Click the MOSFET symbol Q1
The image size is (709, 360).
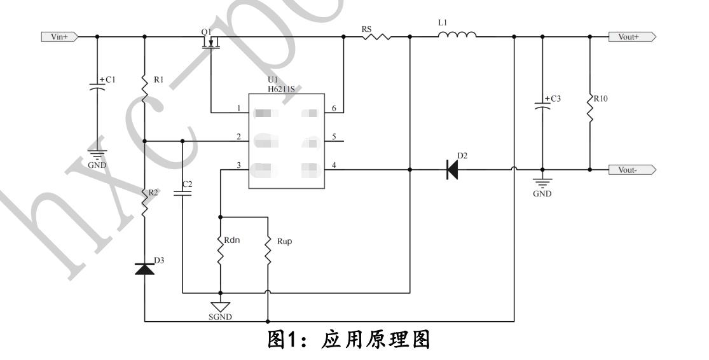click(210, 43)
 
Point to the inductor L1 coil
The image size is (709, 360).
click(457, 36)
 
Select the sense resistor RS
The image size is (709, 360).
click(376, 37)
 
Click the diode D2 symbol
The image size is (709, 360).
click(452, 170)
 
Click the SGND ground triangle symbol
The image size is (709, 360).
click(220, 306)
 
